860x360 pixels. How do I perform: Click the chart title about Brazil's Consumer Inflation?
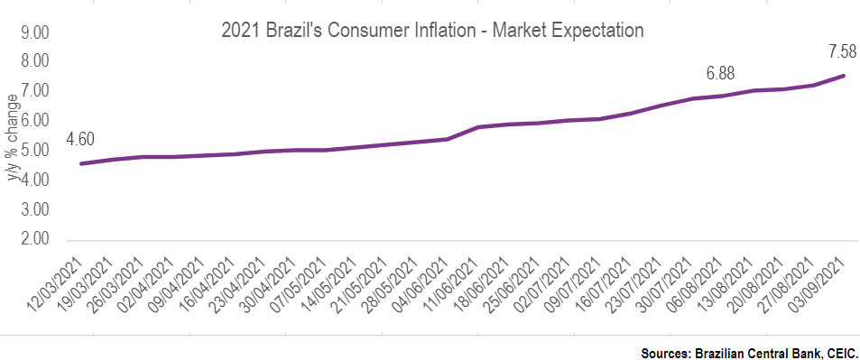tap(432, 30)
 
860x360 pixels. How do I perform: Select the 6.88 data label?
tap(724, 71)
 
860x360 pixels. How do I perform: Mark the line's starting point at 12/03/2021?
tap(81, 163)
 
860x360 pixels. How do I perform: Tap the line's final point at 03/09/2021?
tap(844, 76)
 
